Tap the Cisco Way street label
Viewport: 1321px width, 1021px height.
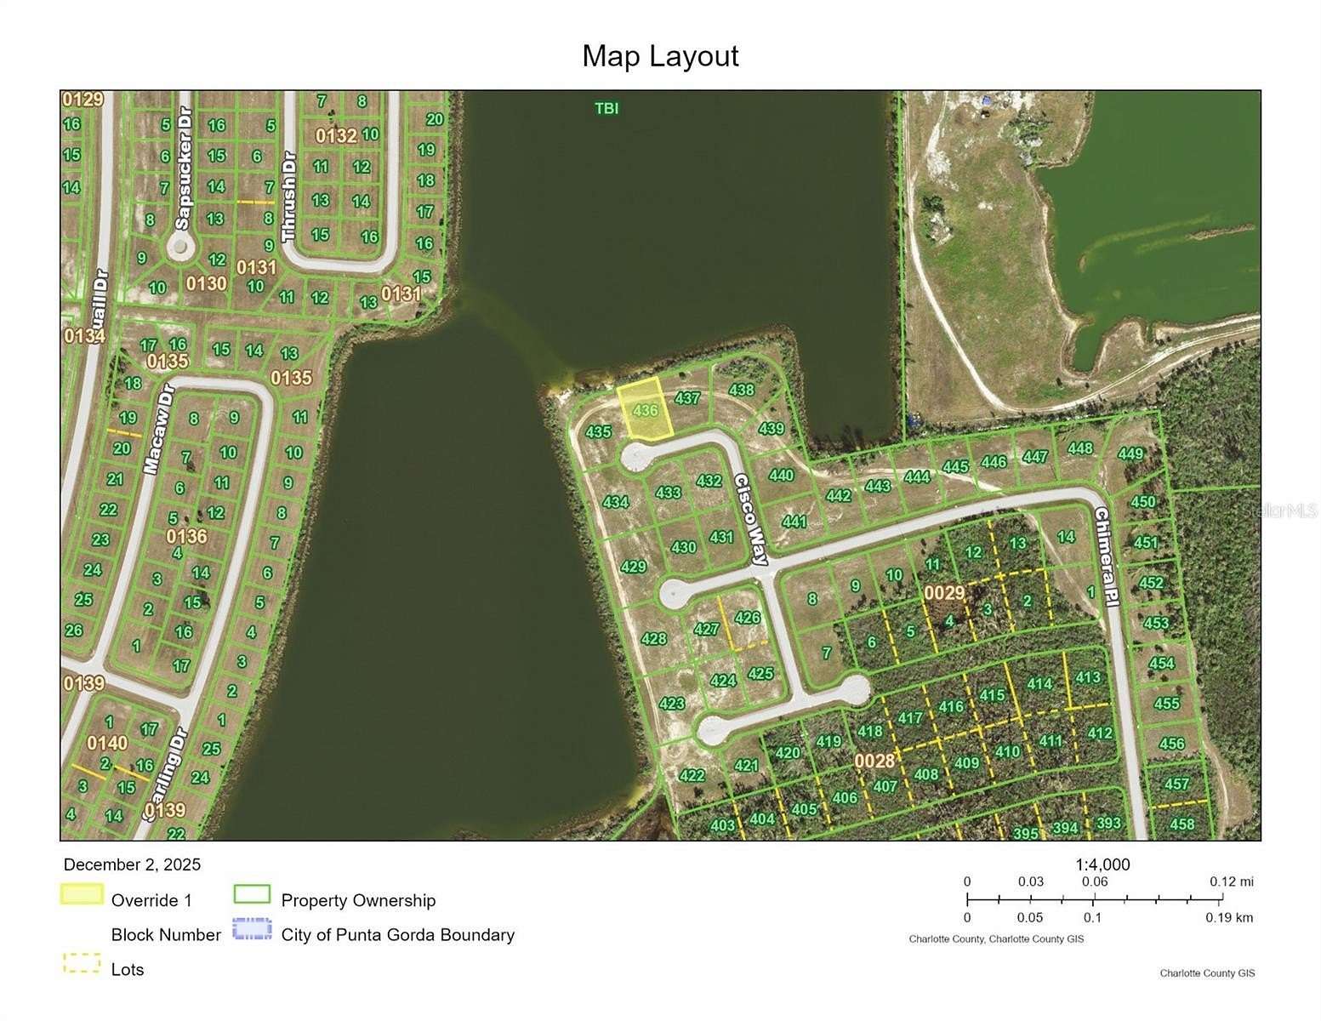pos(751,519)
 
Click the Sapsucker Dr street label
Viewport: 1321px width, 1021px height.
pos(184,169)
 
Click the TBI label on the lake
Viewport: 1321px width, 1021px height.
pos(606,108)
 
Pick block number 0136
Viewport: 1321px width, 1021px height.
pos(186,536)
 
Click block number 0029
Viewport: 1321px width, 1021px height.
pos(944,592)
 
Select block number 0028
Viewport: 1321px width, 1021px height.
pos(874,760)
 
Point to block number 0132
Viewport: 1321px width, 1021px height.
pos(336,136)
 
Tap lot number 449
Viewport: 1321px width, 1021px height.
pos(1130,453)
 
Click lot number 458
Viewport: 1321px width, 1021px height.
pos(1181,824)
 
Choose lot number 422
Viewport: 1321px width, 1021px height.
pos(692,775)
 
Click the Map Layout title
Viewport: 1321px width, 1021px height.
pos(660,56)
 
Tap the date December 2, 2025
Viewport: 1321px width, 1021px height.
pos(133,864)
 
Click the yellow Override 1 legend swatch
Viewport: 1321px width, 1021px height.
pos(82,894)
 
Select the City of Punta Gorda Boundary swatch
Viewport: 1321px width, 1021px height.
pos(252,929)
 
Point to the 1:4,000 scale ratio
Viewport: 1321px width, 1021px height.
pos(1102,864)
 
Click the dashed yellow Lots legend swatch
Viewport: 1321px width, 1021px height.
pos(82,964)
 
